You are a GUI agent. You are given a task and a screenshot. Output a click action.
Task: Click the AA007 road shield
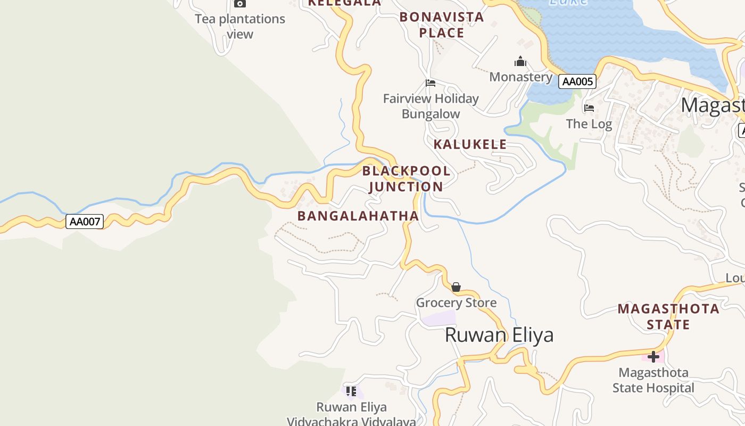coord(85,222)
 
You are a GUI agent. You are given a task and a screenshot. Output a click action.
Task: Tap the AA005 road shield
coord(577,81)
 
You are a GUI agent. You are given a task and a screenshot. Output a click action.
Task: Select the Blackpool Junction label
coord(406,179)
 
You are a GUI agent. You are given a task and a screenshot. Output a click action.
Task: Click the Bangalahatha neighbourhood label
coord(358,216)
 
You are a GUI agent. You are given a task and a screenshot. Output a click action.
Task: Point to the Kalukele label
coord(470,144)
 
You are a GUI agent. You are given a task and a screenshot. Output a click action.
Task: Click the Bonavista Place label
coord(442,25)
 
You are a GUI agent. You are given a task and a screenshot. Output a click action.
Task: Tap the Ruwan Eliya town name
coord(499,335)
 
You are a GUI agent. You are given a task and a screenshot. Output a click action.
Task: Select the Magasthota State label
coord(668,316)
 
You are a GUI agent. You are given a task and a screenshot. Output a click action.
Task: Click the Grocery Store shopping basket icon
coord(456,287)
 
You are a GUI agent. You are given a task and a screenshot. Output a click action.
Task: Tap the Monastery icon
coord(520,62)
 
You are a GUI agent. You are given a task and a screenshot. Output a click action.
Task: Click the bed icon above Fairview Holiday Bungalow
coord(431,83)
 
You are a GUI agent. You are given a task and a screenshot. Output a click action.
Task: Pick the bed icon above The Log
coord(589,108)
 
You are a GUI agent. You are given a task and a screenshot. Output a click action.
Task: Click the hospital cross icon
coord(653,357)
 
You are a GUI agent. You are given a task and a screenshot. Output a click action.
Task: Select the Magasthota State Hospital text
coord(653,380)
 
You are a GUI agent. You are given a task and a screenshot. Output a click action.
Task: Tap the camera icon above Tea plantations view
coord(240,3)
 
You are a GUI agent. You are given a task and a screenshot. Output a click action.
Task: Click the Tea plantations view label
coord(240,26)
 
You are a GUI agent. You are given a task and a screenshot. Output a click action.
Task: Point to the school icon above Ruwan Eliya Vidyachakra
coord(351,392)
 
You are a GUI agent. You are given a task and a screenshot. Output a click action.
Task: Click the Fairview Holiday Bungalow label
coord(431,106)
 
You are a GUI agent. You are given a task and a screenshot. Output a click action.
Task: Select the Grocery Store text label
coord(456,303)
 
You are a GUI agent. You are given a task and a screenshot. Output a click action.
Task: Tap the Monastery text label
coord(520,77)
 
